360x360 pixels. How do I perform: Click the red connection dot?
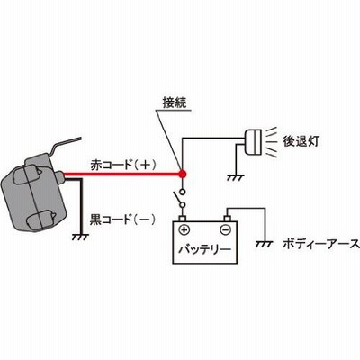pyautogui.click(x=183, y=174)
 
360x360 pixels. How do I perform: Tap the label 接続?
pyautogui.click(x=175, y=103)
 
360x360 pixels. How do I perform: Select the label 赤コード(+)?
pyautogui.click(x=122, y=165)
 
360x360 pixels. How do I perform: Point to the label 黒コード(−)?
pyautogui.click(x=122, y=220)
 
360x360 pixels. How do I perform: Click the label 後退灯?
pyautogui.click(x=301, y=141)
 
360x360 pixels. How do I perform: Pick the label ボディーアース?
pyautogui.click(x=321, y=244)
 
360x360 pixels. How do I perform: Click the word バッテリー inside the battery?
pyautogui.click(x=205, y=249)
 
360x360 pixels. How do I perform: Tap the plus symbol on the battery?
pyautogui.click(x=184, y=230)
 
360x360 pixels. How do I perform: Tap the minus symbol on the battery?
pyautogui.click(x=225, y=230)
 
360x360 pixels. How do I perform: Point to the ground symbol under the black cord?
pyautogui.click(x=80, y=238)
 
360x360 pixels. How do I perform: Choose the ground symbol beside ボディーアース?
pyautogui.click(x=265, y=244)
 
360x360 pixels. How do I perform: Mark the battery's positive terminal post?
pyautogui.click(x=183, y=219)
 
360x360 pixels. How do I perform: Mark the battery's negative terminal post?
pyautogui.click(x=228, y=219)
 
